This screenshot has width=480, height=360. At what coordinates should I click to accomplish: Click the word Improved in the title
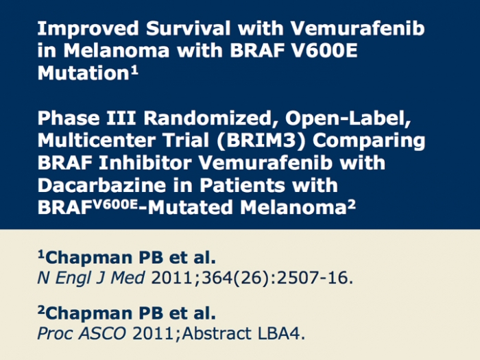[88, 29]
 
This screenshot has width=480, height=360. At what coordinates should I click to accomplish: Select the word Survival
[189, 28]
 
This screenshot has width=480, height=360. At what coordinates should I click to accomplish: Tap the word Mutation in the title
[83, 73]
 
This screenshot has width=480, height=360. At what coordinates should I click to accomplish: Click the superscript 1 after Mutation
[134, 71]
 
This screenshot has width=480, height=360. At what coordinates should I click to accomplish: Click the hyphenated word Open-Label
[348, 119]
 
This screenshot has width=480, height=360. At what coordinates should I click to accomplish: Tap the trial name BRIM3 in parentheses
[261, 141]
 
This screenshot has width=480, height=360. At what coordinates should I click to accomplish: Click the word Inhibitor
[145, 163]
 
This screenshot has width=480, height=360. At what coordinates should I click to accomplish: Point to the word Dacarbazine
[101, 185]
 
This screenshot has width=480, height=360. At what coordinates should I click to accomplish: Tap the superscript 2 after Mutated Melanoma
[352, 204]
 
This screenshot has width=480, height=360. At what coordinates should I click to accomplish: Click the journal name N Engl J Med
[91, 278]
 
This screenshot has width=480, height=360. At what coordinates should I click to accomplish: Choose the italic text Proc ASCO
[82, 333]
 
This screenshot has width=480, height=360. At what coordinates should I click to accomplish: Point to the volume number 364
[217, 278]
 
